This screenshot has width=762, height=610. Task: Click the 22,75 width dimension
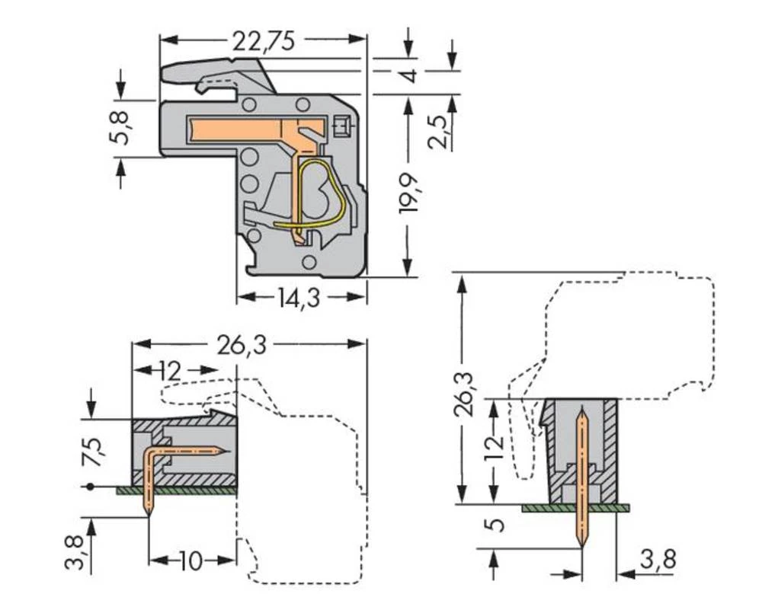264,40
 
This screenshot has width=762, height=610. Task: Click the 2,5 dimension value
450,129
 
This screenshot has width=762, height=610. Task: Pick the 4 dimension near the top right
409,76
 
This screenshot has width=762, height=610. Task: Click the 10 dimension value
190,562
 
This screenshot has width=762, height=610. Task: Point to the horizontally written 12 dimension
171,372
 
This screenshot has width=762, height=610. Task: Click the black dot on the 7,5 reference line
91,486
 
